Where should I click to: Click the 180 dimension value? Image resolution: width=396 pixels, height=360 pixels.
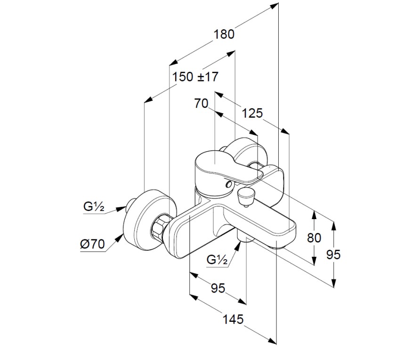click(224, 34)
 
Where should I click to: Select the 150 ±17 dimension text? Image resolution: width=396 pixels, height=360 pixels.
click(195, 77)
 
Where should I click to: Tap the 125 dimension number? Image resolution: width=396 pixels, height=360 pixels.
click(252, 113)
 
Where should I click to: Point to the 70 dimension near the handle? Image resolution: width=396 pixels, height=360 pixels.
click(201, 104)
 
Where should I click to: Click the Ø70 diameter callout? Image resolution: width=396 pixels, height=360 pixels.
click(92, 244)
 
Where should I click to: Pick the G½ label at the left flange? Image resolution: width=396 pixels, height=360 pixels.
click(94, 206)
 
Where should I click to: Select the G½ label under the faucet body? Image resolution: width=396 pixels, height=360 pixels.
click(218, 260)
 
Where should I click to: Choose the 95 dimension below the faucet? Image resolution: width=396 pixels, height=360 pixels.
click(218, 288)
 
